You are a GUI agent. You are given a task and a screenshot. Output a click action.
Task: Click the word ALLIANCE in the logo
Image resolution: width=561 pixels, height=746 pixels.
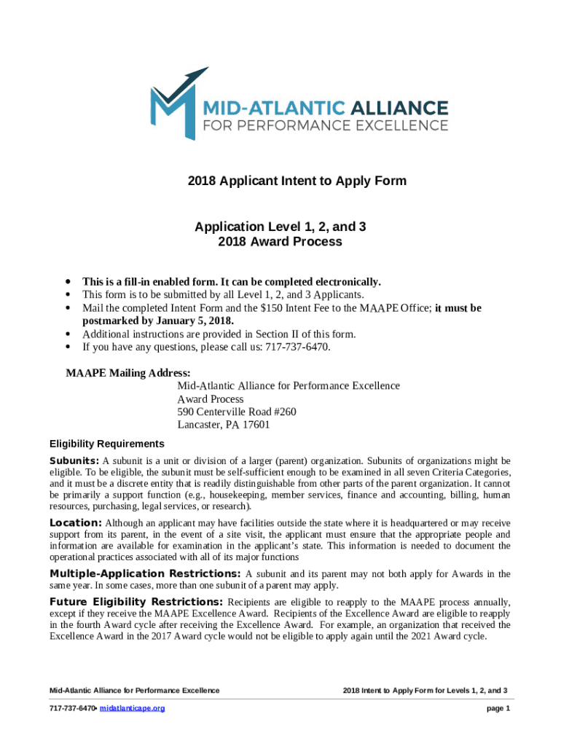point(399,108)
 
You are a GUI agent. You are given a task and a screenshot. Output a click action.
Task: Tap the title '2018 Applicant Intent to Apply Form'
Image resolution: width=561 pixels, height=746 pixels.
point(280,181)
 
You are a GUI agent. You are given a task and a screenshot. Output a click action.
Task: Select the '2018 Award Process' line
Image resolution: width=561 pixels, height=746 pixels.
point(280,242)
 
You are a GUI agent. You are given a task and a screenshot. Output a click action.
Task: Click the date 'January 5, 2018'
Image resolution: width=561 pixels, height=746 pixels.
point(189,321)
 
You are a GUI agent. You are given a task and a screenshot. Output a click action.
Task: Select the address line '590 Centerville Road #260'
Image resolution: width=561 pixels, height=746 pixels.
point(237,412)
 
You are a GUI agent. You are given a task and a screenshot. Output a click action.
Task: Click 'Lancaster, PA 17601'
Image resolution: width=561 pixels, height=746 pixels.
point(224,425)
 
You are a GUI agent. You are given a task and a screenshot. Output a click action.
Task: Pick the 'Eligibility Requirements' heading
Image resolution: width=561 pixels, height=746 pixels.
point(106,444)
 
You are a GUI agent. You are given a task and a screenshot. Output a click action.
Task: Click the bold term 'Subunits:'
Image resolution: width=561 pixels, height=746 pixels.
point(74,461)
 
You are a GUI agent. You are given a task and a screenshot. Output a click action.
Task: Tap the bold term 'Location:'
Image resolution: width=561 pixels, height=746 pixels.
point(76,523)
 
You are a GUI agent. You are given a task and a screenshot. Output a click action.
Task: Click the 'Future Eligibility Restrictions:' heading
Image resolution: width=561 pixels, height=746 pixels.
point(136,602)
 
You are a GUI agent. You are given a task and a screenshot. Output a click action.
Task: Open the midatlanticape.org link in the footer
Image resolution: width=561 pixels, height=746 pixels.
point(132,709)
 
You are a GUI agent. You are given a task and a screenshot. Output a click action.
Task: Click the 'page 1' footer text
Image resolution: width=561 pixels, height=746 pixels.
point(498,709)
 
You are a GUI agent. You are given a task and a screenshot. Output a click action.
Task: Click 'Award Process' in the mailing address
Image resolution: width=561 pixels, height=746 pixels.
point(211,399)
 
